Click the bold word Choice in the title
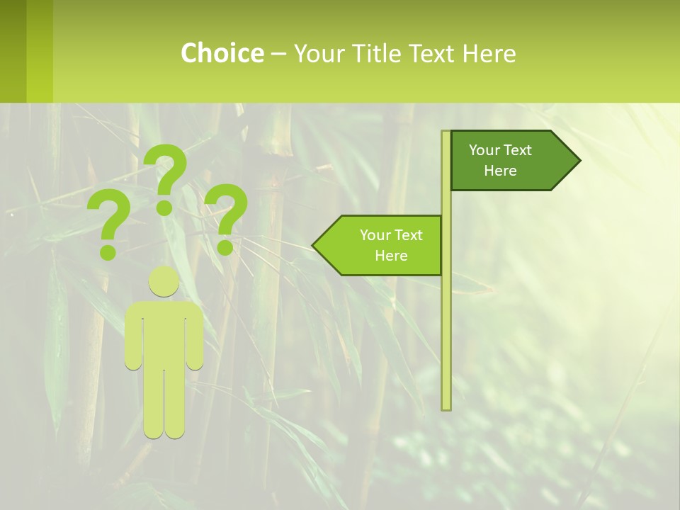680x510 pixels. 222,53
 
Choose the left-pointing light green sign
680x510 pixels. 382,245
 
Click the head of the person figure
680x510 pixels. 164,282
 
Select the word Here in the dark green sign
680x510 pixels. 500,171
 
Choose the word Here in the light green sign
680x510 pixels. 391,256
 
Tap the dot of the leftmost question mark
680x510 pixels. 108,252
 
